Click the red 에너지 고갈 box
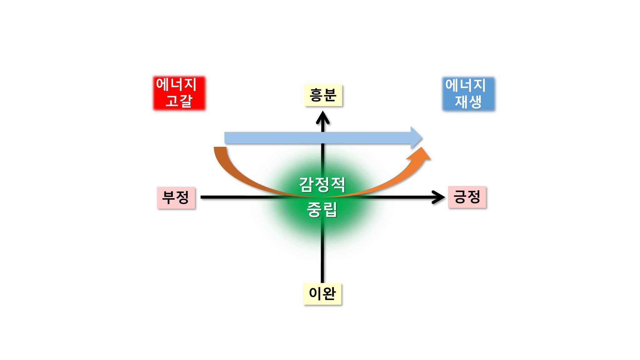[x=179, y=93]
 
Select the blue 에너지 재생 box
[x=468, y=94]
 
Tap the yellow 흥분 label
[x=323, y=95]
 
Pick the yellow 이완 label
[x=322, y=293]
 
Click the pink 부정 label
[x=176, y=197]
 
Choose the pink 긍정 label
[x=467, y=197]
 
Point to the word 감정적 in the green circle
[x=322, y=184]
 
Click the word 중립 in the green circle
[x=322, y=209]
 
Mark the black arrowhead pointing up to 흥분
[x=322, y=117]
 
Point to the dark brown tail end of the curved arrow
[x=220, y=150]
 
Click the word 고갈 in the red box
[x=179, y=101]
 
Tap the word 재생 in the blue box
[x=468, y=102]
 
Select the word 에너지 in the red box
[x=176, y=85]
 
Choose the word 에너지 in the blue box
[x=466, y=85]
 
